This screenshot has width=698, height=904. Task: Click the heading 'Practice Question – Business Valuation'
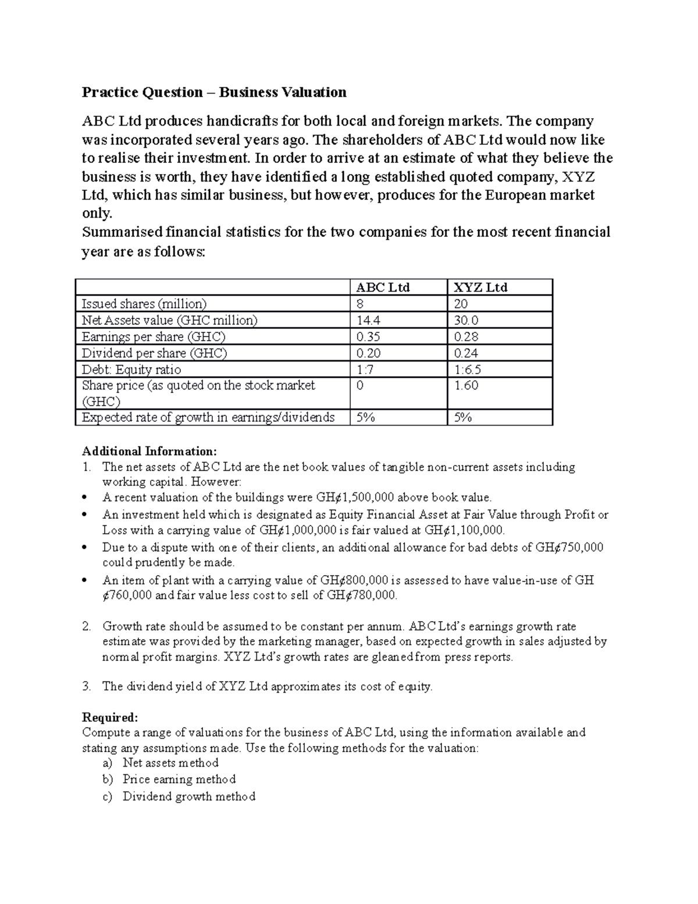click(x=214, y=92)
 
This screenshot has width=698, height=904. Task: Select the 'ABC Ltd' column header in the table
click(x=383, y=288)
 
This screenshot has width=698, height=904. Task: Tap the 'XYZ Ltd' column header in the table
click(x=480, y=288)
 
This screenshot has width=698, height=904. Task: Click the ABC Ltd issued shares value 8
click(x=359, y=304)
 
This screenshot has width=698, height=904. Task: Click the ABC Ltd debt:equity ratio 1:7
click(x=364, y=370)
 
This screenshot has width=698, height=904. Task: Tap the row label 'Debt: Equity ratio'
click(x=131, y=370)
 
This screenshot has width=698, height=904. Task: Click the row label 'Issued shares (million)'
click(x=144, y=304)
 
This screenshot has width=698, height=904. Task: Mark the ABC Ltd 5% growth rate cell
click(x=365, y=417)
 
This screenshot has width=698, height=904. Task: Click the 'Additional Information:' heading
click(x=149, y=451)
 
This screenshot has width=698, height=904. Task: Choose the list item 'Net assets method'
click(x=170, y=763)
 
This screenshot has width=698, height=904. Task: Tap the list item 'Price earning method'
click(x=179, y=779)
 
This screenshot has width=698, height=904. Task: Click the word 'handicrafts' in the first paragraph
click(x=243, y=121)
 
